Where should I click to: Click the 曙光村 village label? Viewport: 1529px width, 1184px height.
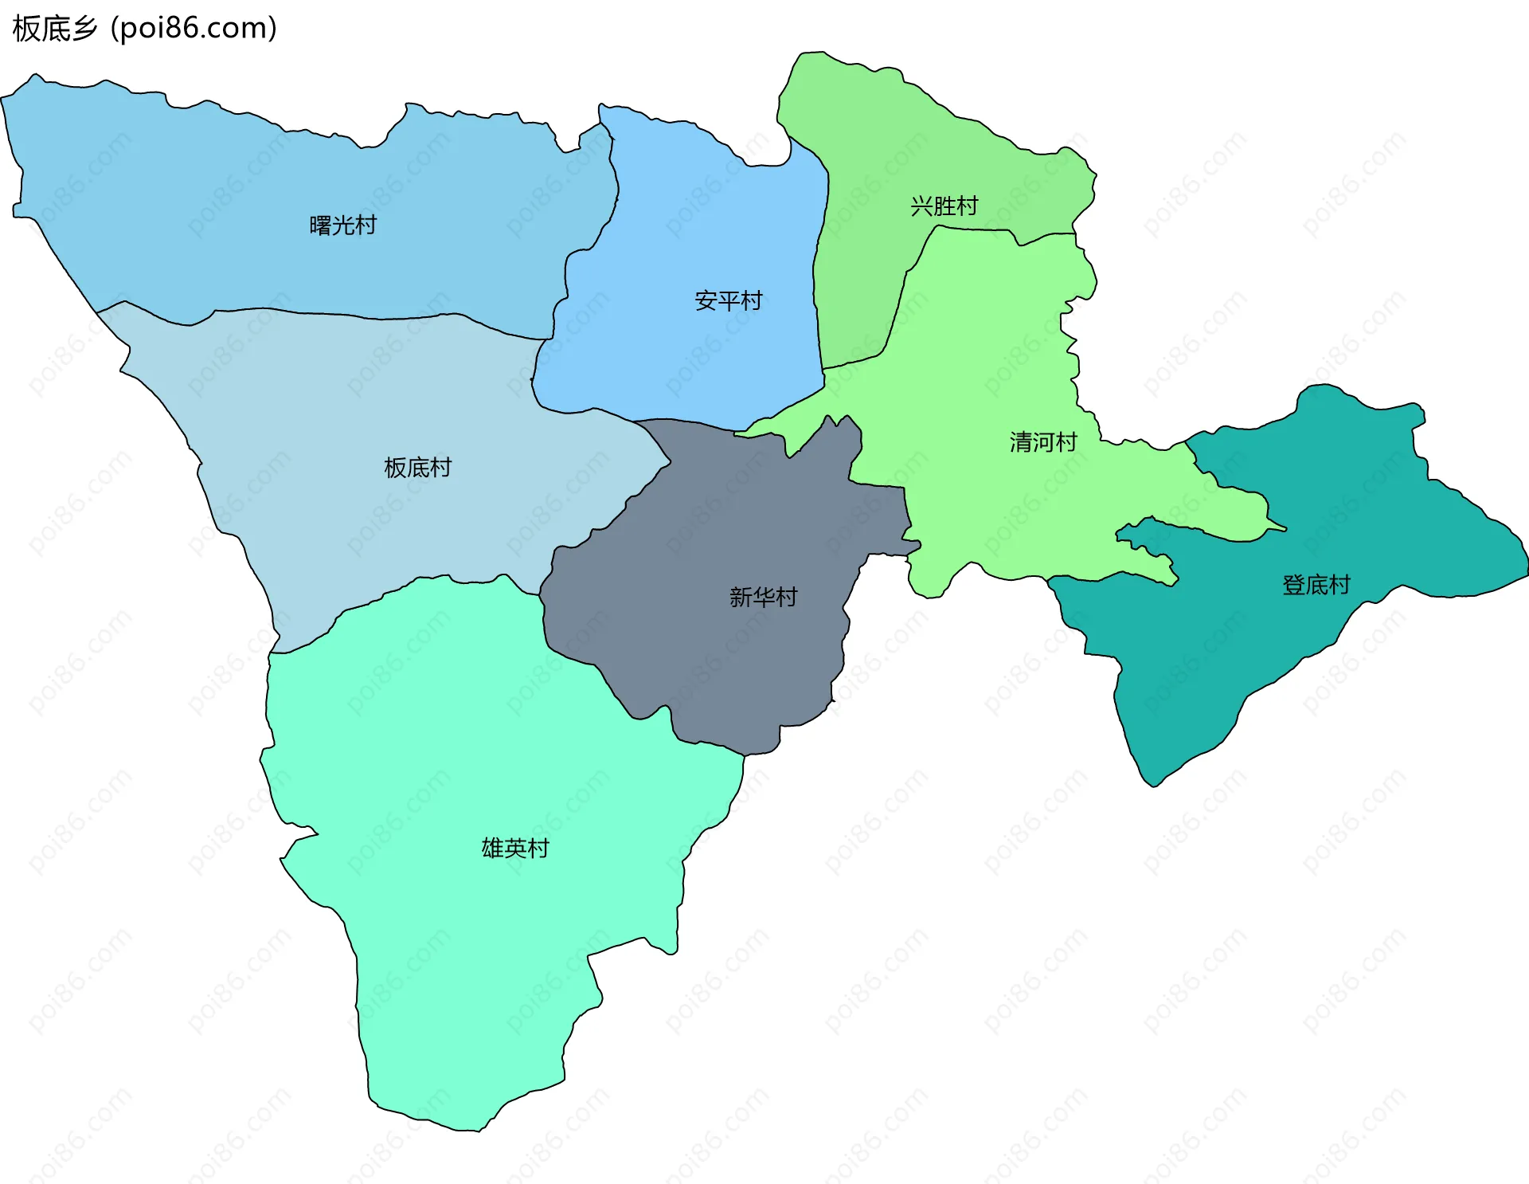(342, 225)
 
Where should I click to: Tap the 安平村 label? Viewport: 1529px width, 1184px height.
(728, 300)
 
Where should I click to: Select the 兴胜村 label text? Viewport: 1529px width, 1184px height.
(944, 206)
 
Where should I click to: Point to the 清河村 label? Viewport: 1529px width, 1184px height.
(1043, 442)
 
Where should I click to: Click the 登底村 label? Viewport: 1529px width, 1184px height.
(1316, 586)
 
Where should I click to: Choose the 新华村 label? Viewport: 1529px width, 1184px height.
(763, 597)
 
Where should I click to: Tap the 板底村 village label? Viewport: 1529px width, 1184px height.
(417, 468)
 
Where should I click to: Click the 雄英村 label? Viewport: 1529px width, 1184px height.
(515, 848)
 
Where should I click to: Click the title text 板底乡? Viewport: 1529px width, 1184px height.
(54, 29)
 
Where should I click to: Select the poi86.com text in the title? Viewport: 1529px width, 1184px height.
(194, 29)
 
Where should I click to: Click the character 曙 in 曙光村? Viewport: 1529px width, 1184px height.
(320, 225)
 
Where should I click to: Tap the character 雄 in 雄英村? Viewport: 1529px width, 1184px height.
(493, 848)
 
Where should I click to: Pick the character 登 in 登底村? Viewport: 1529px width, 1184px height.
(1293, 586)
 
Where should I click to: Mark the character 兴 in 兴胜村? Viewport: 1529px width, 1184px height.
(921, 206)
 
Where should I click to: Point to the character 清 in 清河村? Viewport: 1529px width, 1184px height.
(1021, 442)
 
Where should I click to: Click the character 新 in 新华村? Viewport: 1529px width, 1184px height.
(741, 597)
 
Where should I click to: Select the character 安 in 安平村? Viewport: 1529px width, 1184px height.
(706, 300)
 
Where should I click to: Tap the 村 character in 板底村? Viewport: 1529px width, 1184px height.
(440, 468)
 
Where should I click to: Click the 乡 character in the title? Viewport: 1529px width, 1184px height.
(84, 29)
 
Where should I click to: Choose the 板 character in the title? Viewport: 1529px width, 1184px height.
(25, 29)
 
